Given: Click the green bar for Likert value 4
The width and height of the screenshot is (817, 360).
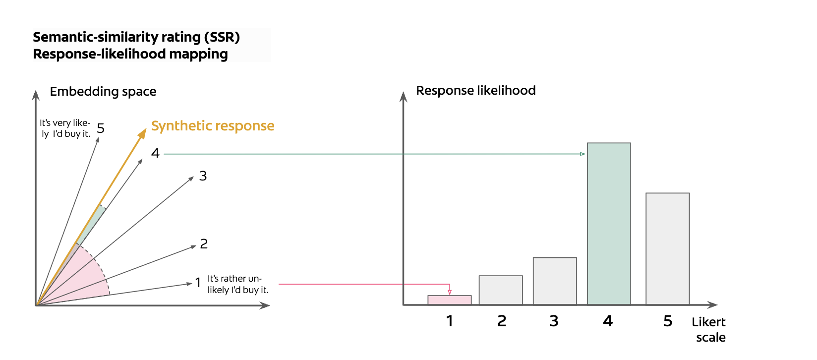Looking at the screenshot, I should (609, 223).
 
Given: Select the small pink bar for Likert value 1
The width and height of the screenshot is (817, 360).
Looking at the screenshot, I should (449, 300).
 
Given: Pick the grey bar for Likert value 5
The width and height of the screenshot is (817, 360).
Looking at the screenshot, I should (667, 248).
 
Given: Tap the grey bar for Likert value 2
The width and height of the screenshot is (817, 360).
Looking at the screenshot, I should (501, 290).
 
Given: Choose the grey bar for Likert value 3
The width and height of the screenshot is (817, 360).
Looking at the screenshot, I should (555, 281).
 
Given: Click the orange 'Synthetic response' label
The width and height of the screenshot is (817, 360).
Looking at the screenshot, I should (213, 126).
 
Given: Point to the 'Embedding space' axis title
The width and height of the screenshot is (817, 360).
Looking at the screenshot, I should (103, 92).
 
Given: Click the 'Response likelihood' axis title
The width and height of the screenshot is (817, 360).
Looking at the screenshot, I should (475, 91).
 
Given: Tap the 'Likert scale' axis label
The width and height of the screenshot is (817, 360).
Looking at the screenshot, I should (709, 330).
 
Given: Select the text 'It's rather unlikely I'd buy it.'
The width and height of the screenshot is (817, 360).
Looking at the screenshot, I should (238, 284).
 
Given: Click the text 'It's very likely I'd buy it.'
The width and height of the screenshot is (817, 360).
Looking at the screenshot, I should (65, 128).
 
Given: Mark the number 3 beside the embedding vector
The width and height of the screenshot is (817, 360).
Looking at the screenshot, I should (203, 176).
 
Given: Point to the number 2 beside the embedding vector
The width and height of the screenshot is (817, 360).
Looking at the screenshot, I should (204, 244).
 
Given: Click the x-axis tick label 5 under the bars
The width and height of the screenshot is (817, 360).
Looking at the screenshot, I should (668, 321).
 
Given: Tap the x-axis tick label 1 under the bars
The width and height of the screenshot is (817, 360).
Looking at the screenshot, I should (449, 321).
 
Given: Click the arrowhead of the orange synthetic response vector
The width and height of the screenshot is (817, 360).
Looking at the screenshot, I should (143, 133).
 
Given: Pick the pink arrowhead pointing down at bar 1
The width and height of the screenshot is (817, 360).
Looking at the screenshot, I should (450, 292).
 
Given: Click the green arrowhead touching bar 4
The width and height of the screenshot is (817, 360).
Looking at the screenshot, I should (583, 154).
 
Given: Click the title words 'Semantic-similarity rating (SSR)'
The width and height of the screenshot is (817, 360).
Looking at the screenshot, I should (136, 37).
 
